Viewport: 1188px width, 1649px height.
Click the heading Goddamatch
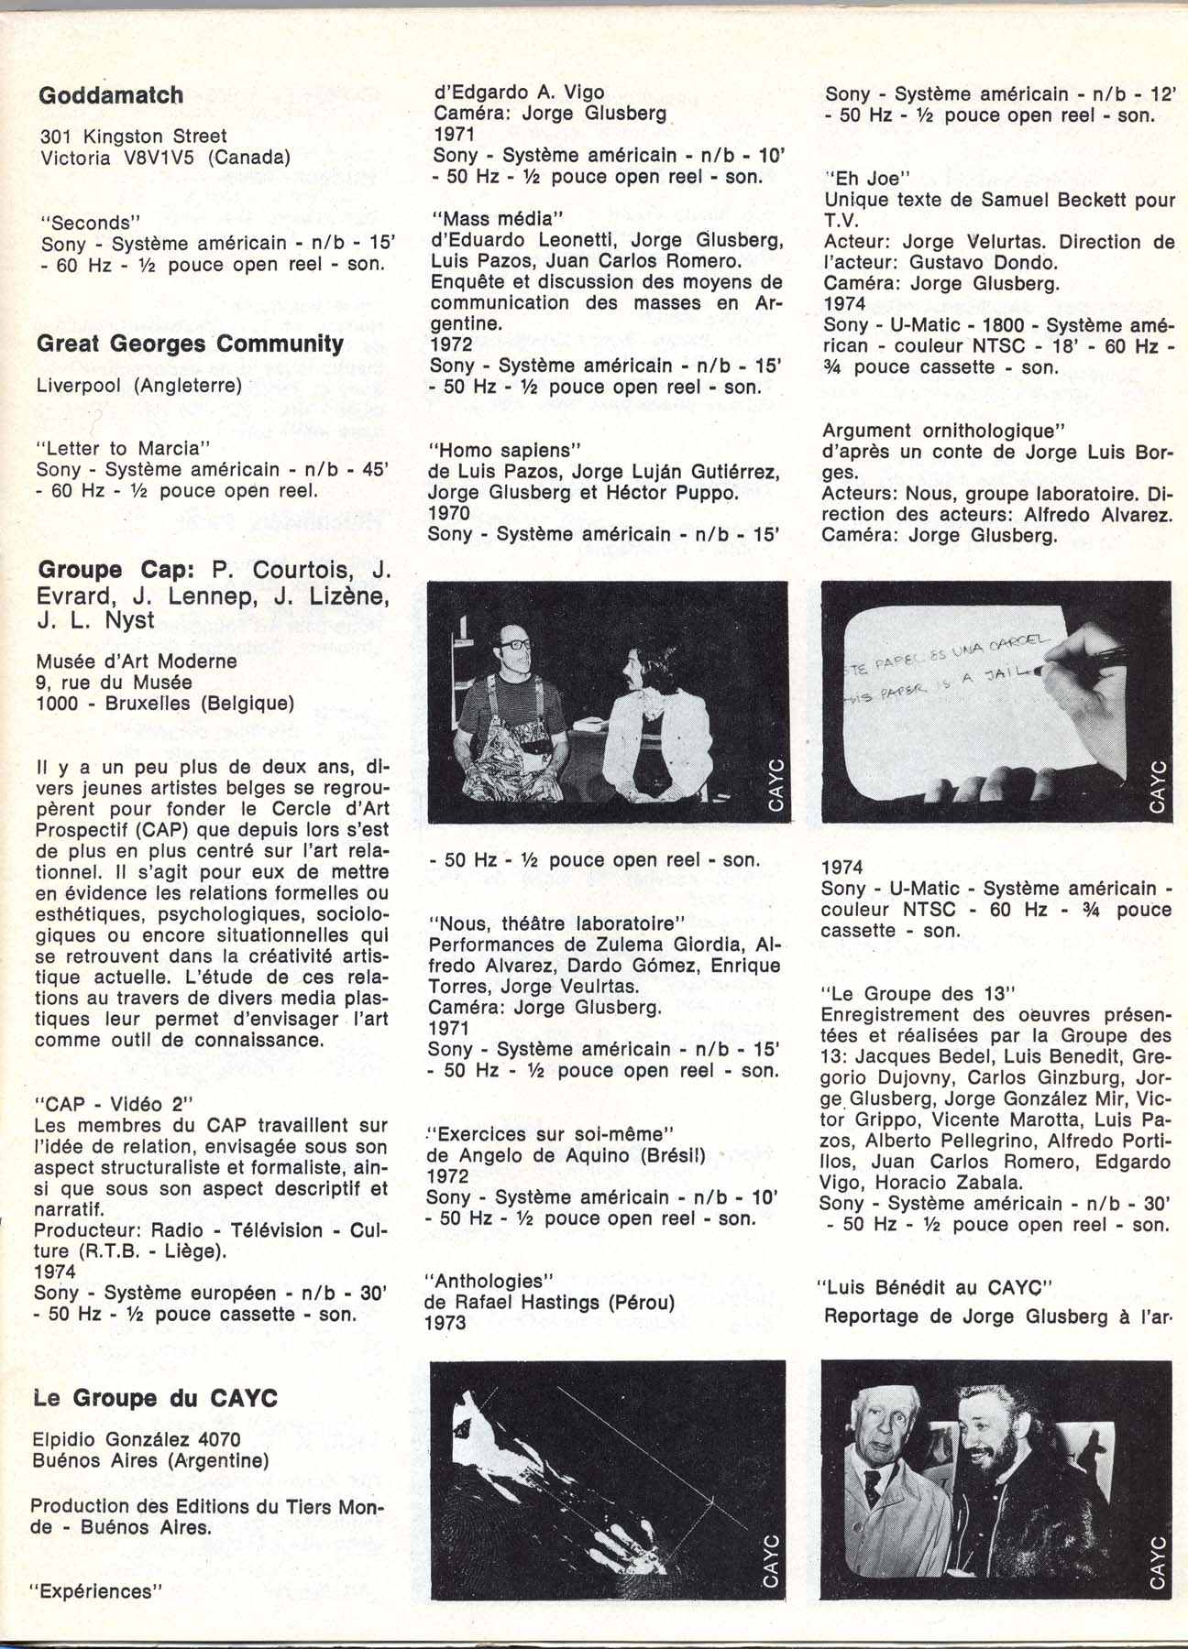point(110,95)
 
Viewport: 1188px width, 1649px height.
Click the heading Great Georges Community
point(191,344)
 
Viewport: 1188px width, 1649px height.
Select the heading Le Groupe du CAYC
point(155,1398)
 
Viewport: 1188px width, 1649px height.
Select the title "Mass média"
point(495,219)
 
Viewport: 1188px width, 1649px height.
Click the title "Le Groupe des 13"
point(919,994)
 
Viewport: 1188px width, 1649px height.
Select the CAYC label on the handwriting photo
point(1157,786)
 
